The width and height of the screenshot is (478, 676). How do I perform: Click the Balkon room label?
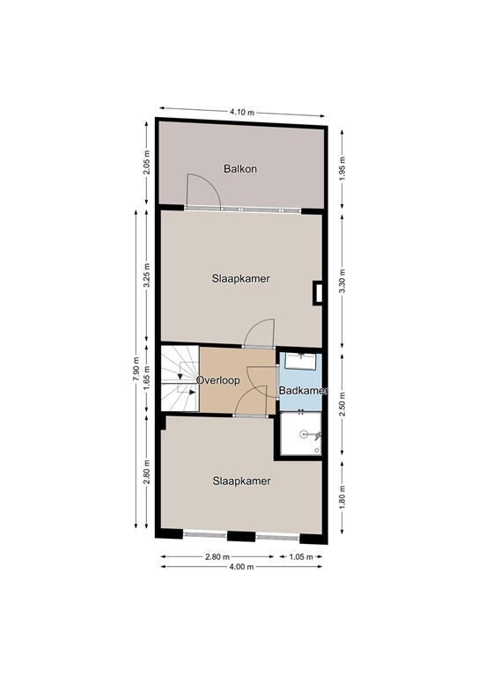coord(240,169)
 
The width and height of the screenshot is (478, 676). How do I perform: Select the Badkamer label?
coord(303,390)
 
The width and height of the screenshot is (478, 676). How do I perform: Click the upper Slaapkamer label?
coord(240,278)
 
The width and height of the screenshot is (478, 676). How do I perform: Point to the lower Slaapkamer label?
coord(240,481)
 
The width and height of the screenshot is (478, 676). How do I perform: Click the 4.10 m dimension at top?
coord(242,112)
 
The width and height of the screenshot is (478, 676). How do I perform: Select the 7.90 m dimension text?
coord(135,374)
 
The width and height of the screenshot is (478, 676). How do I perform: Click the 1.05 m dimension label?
coord(301,556)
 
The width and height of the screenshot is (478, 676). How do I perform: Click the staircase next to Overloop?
coord(179,378)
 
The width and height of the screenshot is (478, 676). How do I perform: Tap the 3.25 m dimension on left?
coord(147,276)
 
